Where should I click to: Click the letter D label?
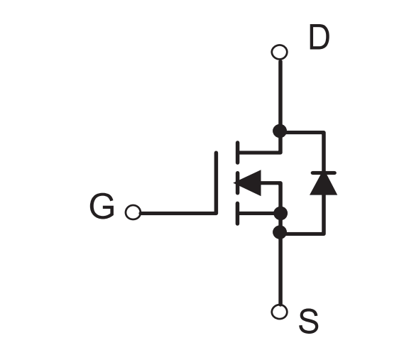click(x=320, y=37)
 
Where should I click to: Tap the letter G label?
click(x=102, y=206)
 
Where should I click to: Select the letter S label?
click(x=309, y=322)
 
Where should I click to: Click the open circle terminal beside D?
click(x=280, y=52)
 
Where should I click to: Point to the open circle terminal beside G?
click(x=133, y=212)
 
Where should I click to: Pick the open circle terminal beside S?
click(x=280, y=312)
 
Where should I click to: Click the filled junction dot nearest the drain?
click(x=280, y=131)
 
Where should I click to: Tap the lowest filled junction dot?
click(x=280, y=232)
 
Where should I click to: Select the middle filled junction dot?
click(x=280, y=213)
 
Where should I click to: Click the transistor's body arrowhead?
click(x=247, y=183)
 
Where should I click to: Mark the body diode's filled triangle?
click(x=324, y=185)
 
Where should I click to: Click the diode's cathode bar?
click(x=324, y=173)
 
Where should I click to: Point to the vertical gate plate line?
click(x=216, y=182)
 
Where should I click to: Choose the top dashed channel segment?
click(x=238, y=153)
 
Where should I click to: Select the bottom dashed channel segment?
click(x=238, y=214)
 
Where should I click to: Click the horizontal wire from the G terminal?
click(x=178, y=213)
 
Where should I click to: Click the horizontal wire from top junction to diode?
click(x=305, y=133)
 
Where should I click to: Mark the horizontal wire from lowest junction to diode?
click(x=305, y=234)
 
